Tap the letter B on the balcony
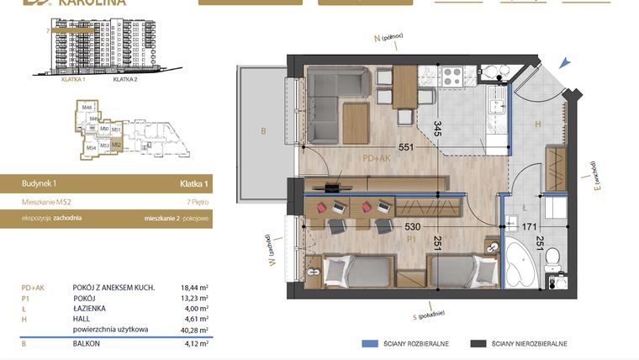click(x=263, y=131)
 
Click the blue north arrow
click(x=568, y=60)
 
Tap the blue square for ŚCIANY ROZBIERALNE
click(x=367, y=344)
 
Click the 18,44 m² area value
click(x=195, y=288)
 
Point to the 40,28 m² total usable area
click(x=195, y=330)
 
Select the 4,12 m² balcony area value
click(x=195, y=344)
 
